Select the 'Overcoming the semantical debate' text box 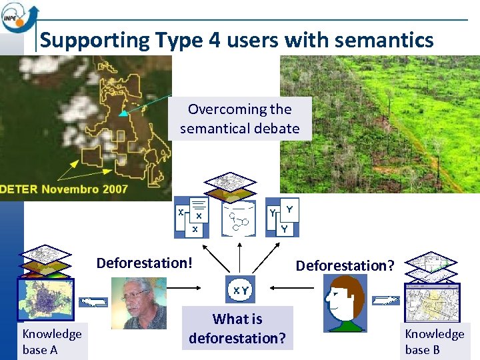point(239,119)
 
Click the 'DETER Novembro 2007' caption point(64,189)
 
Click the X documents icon point(191,217)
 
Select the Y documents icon point(283,217)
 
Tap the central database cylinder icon point(238,217)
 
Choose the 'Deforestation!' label point(145,263)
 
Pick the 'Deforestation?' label point(345,265)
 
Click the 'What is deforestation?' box point(237,329)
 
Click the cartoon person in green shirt point(345,304)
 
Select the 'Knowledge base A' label point(52,341)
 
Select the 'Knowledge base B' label point(435,341)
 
